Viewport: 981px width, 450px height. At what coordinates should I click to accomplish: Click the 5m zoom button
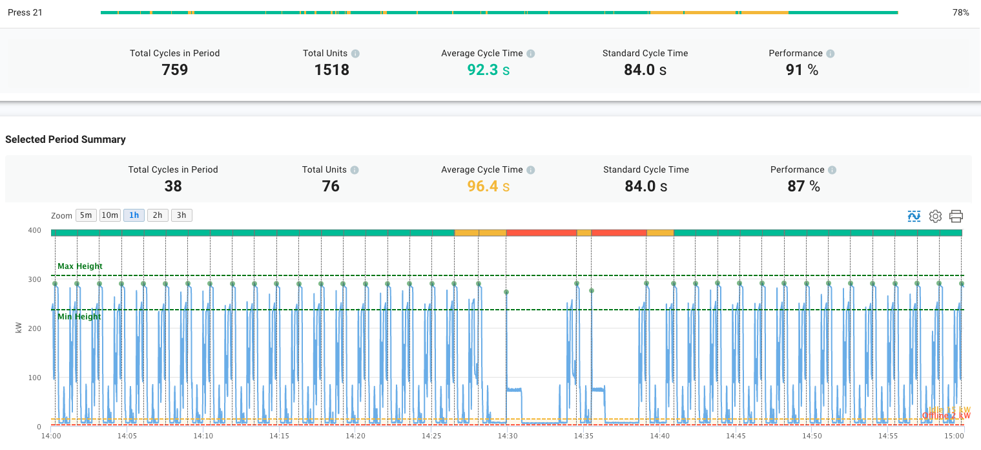(x=86, y=215)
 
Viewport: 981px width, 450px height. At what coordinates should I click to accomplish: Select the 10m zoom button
(x=110, y=215)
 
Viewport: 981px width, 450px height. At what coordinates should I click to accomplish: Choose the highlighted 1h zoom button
(x=134, y=215)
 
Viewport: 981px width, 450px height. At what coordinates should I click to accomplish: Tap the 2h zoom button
(x=158, y=215)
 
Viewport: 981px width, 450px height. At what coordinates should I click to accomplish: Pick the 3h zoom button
(x=181, y=215)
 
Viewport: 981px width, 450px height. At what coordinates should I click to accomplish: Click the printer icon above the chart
(x=956, y=216)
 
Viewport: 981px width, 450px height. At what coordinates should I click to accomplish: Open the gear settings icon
(x=935, y=216)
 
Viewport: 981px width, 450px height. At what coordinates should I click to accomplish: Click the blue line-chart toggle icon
(x=914, y=216)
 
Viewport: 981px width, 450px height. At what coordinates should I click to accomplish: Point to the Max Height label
(x=80, y=266)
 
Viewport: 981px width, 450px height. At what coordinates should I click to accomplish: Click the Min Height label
(x=79, y=317)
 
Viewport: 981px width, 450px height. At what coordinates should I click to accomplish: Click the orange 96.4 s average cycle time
(x=488, y=186)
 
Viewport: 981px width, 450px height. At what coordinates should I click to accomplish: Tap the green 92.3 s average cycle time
(x=488, y=70)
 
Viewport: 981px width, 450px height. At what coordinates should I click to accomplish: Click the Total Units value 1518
(x=331, y=70)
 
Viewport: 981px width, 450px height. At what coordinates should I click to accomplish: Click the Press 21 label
(x=25, y=12)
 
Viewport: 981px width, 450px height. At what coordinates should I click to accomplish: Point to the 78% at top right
(x=960, y=12)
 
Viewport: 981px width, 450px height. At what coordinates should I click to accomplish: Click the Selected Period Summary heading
(x=65, y=140)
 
